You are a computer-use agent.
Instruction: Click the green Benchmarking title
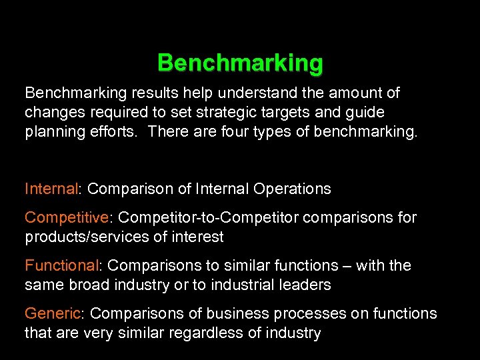coord(240,63)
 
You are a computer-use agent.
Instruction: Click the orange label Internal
coord(51,189)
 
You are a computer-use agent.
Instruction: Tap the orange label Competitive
coord(66,217)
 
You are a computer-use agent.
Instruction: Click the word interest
coord(197,237)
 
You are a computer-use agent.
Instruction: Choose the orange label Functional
coord(61,265)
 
